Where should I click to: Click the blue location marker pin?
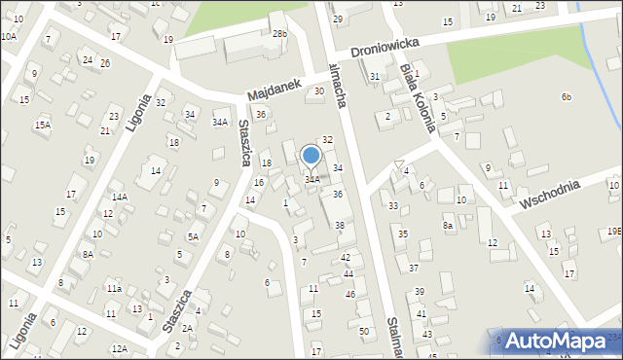tap(311, 156)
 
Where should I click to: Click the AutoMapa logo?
tap(554, 341)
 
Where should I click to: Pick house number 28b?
tap(280, 35)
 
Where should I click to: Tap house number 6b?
tap(566, 97)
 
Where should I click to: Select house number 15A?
tap(43, 126)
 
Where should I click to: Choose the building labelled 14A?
tap(119, 197)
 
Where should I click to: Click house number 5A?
tap(194, 236)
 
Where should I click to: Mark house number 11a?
tap(114, 289)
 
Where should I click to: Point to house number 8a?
tap(448, 226)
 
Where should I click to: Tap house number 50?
tap(364, 332)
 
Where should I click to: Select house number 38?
tap(340, 226)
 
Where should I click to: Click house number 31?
tap(375, 77)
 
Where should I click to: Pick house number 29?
tap(338, 19)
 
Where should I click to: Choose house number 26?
tap(104, 64)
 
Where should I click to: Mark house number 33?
tap(393, 206)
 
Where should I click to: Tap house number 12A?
tap(119, 348)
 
